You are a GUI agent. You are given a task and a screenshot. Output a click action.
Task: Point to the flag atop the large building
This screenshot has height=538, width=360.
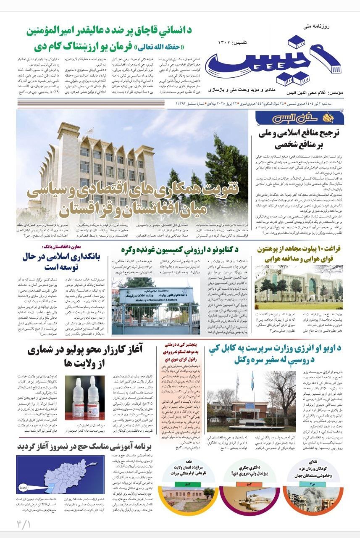(89, 131)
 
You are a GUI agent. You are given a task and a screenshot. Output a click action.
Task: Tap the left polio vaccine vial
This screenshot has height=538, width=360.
(79, 395)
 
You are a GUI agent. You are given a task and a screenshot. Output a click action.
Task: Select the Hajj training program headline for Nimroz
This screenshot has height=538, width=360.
(86, 446)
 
